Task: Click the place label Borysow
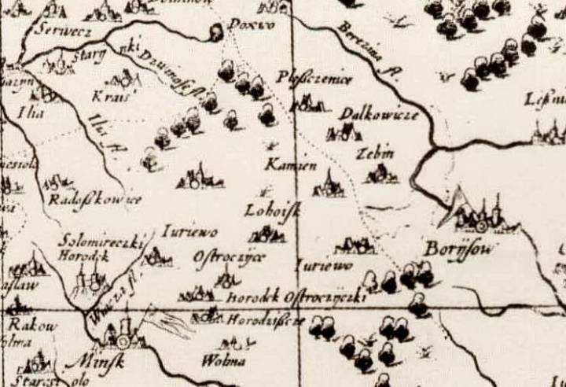click(x=452, y=249)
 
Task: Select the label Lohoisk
click(x=268, y=211)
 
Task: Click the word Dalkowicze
click(x=377, y=115)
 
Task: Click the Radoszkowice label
click(x=94, y=200)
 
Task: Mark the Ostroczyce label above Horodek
click(x=230, y=257)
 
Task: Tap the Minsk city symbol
click(x=123, y=338)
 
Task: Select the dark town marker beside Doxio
click(x=215, y=32)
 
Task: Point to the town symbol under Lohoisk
click(x=267, y=233)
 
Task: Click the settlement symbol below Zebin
click(x=380, y=174)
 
